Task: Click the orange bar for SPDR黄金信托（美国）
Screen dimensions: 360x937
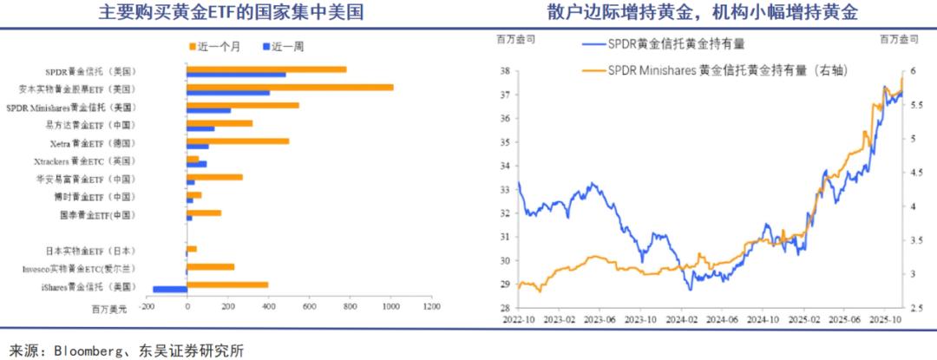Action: coord(266,69)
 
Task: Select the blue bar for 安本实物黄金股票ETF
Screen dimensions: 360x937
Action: coord(228,93)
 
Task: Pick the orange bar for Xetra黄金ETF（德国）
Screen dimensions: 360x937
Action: coord(238,141)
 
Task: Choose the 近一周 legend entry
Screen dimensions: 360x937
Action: coord(286,43)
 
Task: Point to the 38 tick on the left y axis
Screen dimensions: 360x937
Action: coord(504,70)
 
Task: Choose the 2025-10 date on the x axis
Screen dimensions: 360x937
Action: coord(887,319)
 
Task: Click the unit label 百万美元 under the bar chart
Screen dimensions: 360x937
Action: coord(108,306)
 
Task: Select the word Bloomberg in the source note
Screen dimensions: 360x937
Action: coord(88,350)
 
